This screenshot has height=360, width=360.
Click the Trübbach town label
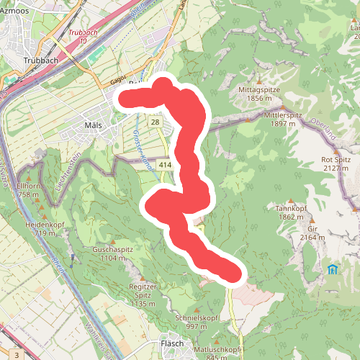tap(40, 60)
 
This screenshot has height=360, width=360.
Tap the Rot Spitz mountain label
tap(336, 159)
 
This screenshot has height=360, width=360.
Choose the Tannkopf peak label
tap(292, 208)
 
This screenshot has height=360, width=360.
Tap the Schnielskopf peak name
tap(192, 318)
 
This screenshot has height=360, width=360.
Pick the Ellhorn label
tap(27, 186)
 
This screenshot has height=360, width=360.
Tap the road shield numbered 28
tap(156, 122)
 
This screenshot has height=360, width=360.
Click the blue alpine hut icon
tap(333, 270)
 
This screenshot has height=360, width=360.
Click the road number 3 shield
tap(15, 355)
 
